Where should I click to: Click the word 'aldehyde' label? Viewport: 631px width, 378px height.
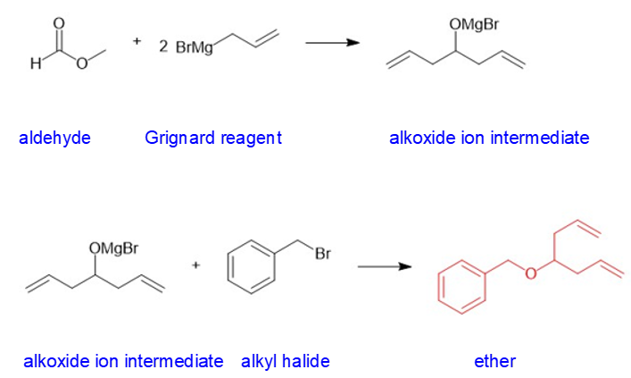tap(54, 138)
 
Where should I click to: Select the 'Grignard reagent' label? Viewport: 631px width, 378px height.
tap(212, 138)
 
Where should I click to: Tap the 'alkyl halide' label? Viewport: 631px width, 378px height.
tap(285, 361)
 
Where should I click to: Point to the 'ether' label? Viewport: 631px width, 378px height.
tap(494, 361)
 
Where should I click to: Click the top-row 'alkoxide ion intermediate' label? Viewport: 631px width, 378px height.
tap(489, 138)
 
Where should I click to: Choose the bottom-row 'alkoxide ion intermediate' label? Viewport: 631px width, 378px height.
tap(123, 361)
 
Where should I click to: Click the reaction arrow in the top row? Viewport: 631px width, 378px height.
tap(331, 42)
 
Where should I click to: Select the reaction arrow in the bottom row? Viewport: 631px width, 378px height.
tap(385, 265)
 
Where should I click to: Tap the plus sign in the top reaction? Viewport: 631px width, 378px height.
tap(137, 41)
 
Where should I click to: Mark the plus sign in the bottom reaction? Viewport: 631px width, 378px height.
tap(195, 265)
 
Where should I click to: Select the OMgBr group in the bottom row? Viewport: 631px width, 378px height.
tap(113, 247)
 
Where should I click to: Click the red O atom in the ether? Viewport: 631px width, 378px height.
tap(530, 273)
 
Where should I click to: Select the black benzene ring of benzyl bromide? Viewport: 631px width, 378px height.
tap(251, 266)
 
